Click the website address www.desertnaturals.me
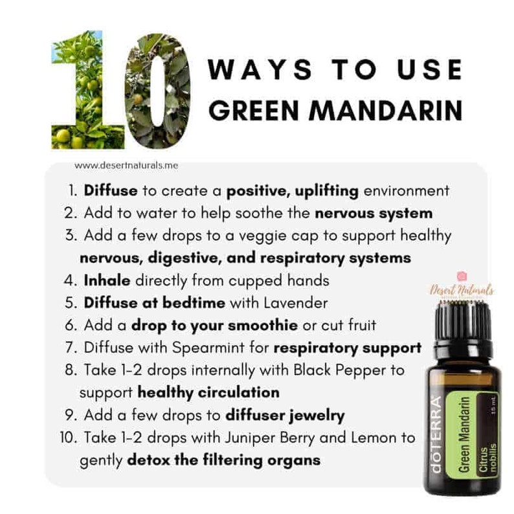(126, 166)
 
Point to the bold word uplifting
(326, 191)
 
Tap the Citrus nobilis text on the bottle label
(486, 457)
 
